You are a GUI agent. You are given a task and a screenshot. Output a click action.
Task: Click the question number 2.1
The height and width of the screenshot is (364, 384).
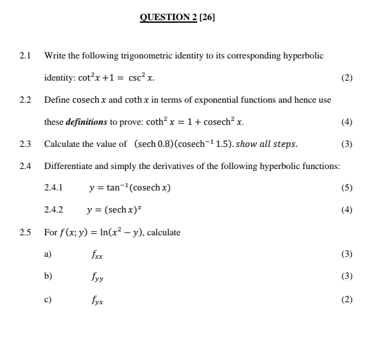point(26,56)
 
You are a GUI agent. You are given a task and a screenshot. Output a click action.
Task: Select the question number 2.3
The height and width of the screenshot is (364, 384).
point(26,144)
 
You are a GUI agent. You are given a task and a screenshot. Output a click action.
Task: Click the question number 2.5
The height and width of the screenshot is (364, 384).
point(26,232)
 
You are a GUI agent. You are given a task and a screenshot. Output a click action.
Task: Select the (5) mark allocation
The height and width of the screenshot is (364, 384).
point(347,188)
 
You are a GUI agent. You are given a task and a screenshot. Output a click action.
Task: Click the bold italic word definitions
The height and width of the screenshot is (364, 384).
point(87,122)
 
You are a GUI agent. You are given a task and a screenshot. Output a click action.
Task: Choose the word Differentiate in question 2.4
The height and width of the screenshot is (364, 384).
point(71,166)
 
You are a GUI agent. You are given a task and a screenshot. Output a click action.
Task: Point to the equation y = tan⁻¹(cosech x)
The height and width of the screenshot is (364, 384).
point(130,188)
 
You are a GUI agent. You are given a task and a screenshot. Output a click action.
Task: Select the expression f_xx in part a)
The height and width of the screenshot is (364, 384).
point(97,255)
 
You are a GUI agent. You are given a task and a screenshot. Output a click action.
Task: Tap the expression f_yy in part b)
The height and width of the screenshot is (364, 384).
point(97,277)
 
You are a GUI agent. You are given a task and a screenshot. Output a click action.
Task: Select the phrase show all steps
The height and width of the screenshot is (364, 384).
point(267,144)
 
